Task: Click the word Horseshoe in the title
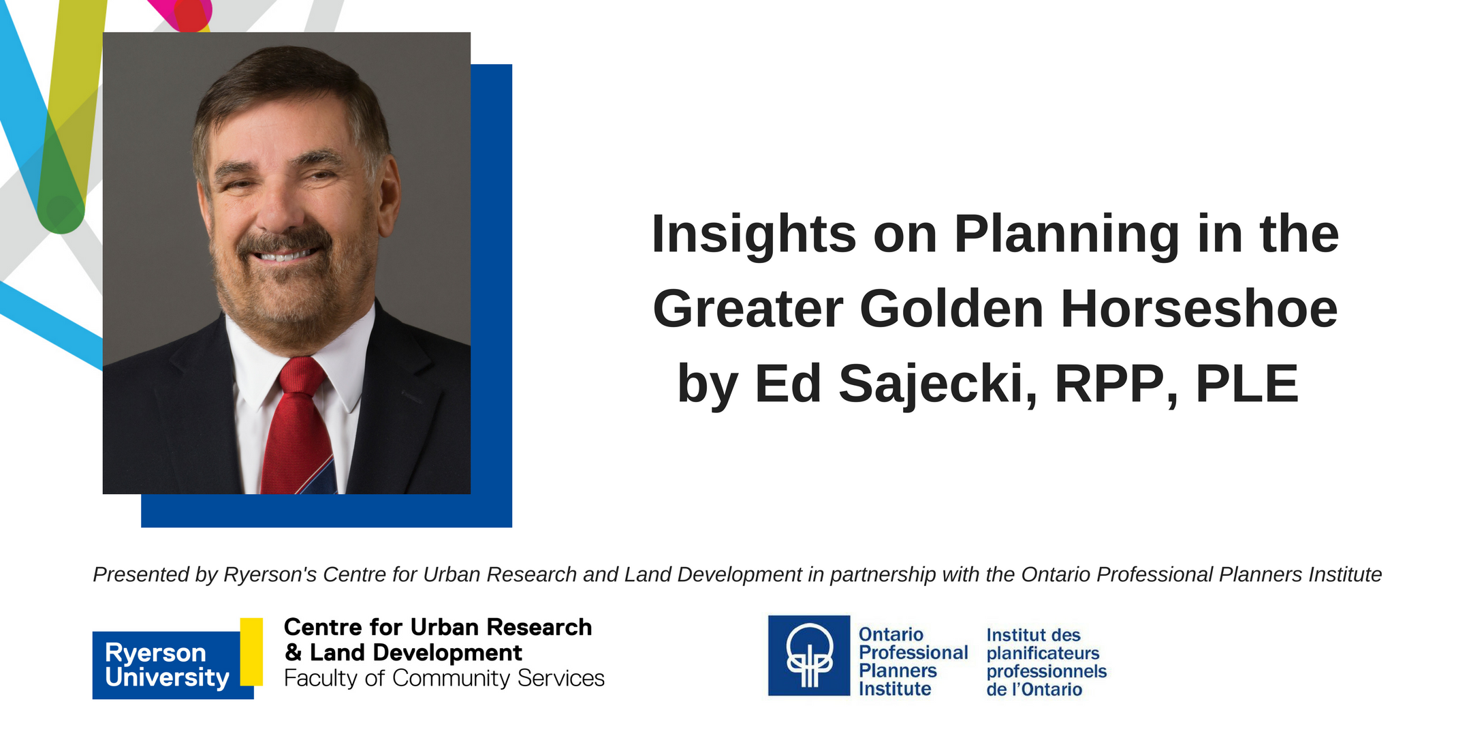click(1199, 309)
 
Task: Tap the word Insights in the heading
click(754, 234)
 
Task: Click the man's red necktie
click(298, 426)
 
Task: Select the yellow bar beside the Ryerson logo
click(251, 651)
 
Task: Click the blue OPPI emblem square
click(809, 656)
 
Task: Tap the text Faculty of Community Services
click(444, 679)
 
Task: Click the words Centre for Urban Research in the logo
click(438, 627)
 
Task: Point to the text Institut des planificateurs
click(1043, 644)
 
